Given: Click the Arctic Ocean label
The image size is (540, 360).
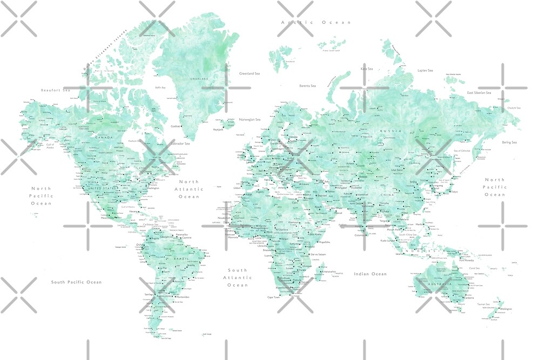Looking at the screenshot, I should tap(316, 22).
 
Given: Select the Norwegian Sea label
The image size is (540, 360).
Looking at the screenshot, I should tap(250, 119).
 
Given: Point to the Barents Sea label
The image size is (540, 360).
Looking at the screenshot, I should tap(308, 86).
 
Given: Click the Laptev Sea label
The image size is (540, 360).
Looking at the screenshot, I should tap(425, 70).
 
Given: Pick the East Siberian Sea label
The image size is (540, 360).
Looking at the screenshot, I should tap(479, 93).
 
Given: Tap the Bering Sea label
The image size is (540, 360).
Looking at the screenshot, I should tap(509, 142).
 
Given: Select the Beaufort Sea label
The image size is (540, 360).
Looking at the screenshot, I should tap(56, 90).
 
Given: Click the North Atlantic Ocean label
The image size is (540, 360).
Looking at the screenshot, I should tap(189, 189).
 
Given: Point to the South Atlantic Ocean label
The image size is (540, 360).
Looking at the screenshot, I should tap(237, 277).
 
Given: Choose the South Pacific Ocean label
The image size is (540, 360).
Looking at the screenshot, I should tap(76, 282).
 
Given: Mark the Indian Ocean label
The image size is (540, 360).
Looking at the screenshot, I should tap(370, 274).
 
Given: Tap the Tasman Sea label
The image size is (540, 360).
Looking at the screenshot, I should tap(484, 304).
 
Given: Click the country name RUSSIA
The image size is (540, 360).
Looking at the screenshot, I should tap(387, 131).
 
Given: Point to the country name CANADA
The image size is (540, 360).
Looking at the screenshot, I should tap(104, 137).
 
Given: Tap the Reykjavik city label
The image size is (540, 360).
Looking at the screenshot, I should tap(218, 130).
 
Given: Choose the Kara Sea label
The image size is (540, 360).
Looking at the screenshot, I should tap(367, 69).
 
